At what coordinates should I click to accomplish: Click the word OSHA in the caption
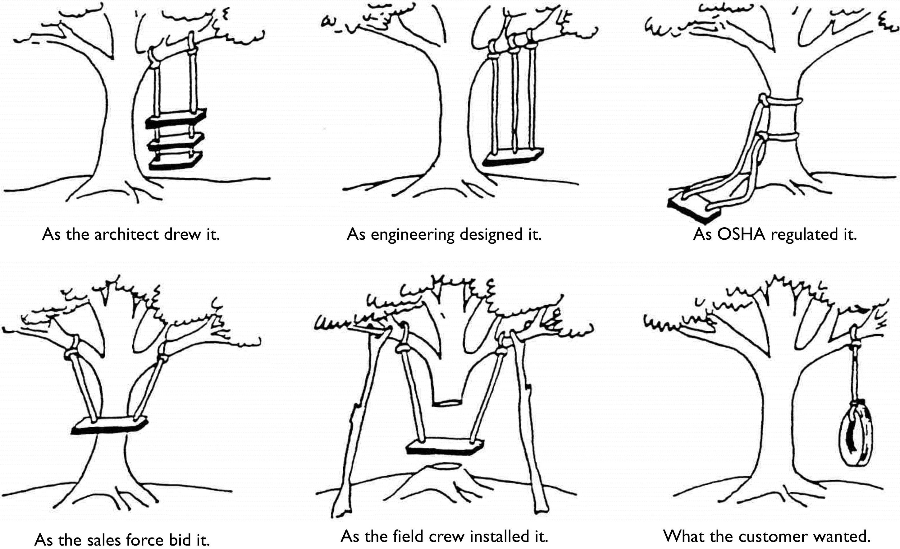point(741,234)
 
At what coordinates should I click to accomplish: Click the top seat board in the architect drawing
point(176,118)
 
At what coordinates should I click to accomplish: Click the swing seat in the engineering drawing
point(513,157)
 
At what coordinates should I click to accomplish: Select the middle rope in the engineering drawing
point(515,99)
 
